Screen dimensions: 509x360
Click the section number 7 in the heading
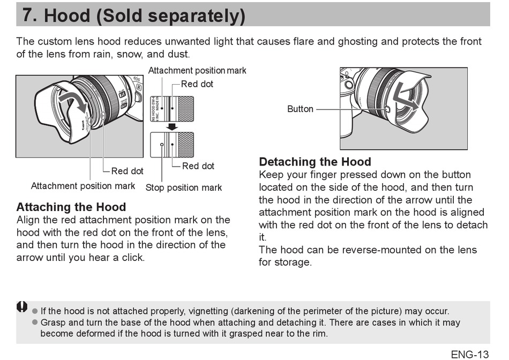point(29,16)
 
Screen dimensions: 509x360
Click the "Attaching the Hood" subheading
point(71,207)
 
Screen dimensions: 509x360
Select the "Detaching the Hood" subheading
point(315,162)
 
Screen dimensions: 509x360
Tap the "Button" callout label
point(300,109)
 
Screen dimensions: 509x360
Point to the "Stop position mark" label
point(184,188)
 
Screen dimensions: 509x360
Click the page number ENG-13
point(469,354)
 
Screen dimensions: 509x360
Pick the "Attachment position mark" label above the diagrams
point(197,71)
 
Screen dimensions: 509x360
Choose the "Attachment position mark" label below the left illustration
point(83,186)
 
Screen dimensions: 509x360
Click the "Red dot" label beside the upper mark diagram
point(197,84)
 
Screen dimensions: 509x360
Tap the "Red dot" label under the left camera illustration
point(127,171)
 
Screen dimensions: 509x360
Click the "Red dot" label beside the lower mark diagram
point(198,166)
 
